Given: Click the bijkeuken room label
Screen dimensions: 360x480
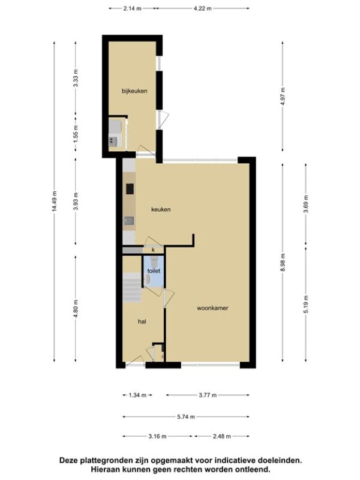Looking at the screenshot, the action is (134, 91).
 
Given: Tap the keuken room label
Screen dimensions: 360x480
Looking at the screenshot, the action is (161, 209).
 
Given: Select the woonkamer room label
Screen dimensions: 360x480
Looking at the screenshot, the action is (212, 308).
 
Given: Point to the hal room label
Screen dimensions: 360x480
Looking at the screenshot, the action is (142, 322).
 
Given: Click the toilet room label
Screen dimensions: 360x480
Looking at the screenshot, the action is (154, 271).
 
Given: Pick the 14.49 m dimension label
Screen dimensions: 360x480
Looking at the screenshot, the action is (55, 201).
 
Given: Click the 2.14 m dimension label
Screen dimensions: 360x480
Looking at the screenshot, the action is (132, 8).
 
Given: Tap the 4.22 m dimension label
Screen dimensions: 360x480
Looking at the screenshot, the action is (202, 8).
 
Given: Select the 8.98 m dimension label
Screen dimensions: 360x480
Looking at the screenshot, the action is (283, 262).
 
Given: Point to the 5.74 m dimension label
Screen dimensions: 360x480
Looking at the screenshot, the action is (186, 416).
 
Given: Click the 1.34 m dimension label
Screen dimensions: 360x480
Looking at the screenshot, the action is (137, 395).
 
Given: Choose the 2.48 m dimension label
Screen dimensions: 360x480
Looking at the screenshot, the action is (221, 436).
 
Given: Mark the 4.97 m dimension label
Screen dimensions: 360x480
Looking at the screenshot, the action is (283, 96).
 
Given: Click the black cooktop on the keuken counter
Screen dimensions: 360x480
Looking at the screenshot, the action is (130, 188).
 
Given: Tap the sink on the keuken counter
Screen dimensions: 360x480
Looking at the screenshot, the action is (129, 221).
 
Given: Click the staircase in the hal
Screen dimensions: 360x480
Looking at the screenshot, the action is (132, 288).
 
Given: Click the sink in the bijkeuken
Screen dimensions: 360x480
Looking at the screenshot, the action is (113, 141).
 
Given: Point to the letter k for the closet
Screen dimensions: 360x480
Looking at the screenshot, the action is (153, 250).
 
